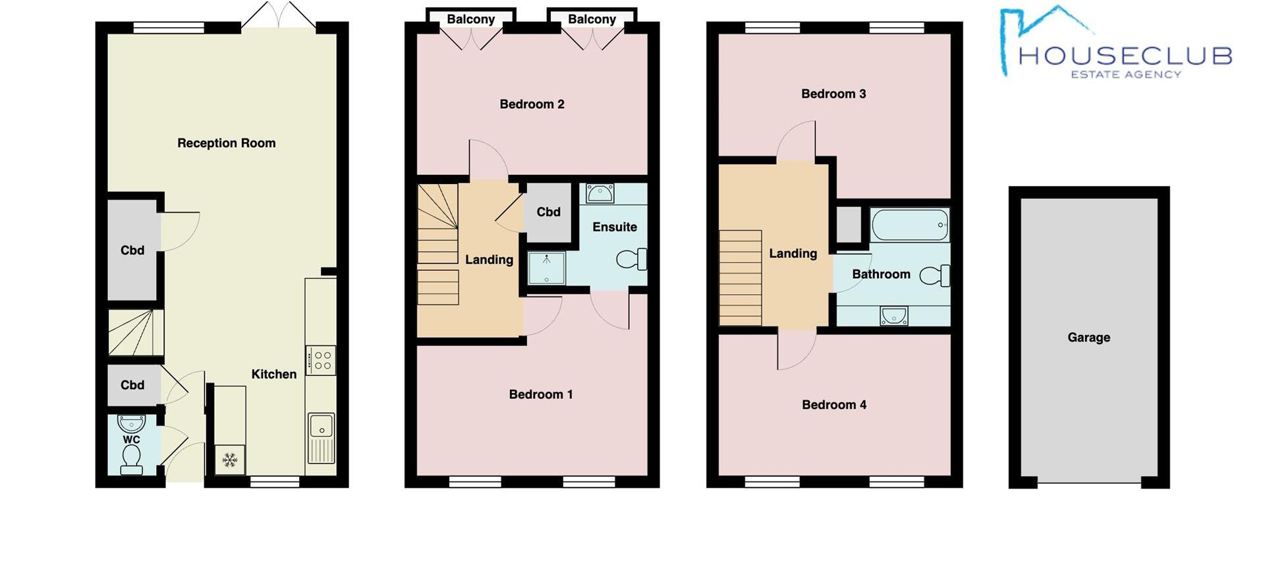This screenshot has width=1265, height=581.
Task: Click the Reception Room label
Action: [x=226, y=143]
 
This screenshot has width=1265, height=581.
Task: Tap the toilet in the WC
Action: [x=131, y=458]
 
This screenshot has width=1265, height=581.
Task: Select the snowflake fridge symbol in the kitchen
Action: [x=230, y=460]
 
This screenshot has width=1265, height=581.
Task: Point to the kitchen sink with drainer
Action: [x=322, y=438]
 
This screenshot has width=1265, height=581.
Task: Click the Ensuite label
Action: [x=614, y=227]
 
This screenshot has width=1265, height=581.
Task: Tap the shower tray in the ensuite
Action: [x=547, y=268]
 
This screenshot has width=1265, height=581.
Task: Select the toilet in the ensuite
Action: [x=631, y=259]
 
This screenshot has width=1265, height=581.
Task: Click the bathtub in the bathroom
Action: [x=910, y=225]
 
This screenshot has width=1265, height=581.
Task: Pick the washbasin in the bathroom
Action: [x=893, y=316]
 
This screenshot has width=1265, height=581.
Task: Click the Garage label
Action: [x=1088, y=338]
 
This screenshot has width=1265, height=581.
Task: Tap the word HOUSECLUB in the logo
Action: [x=1125, y=56]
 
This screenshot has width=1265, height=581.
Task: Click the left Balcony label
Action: [x=470, y=20]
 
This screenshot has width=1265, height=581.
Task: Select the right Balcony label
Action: [x=592, y=20]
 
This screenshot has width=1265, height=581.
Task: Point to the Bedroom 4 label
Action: [x=833, y=405]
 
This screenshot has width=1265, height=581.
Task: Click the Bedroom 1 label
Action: [x=540, y=394]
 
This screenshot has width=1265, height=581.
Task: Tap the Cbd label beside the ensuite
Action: [x=548, y=212]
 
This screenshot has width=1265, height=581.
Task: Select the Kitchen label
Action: [x=273, y=375]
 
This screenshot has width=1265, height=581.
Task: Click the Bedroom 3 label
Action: [x=833, y=94]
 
